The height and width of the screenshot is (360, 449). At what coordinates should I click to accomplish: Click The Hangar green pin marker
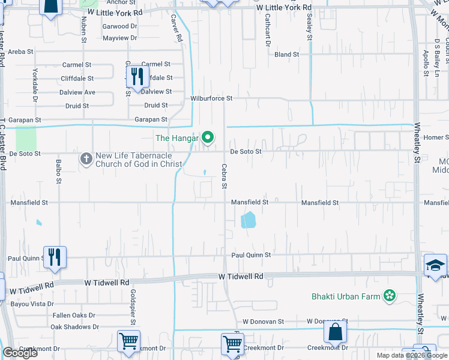coord(208,138)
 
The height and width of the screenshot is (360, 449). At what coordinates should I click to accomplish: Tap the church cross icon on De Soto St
coord(86,159)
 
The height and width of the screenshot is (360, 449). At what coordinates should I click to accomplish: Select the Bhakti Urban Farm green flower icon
coord(391,295)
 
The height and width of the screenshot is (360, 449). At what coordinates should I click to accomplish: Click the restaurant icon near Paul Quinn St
coord(55,257)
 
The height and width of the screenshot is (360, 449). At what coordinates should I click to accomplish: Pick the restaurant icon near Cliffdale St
coord(137,76)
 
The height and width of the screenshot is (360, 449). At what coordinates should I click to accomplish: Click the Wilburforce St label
coord(211,98)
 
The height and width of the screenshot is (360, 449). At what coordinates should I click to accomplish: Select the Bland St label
coord(287,55)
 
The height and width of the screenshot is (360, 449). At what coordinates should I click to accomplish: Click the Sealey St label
coord(310,28)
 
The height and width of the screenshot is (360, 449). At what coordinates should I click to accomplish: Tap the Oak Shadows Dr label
coord(74,327)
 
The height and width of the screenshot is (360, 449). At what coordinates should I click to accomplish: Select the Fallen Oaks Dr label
coord(74,316)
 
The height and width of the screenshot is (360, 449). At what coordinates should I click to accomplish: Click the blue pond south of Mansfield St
coord(247,221)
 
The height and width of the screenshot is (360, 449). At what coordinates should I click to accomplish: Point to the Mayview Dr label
coord(120,38)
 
